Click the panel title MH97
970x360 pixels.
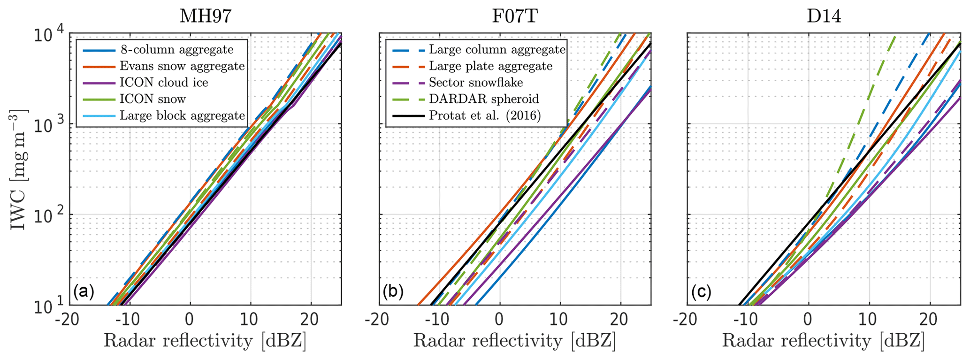[x=205, y=17]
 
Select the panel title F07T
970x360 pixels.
[x=515, y=17]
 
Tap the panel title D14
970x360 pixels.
[x=824, y=17]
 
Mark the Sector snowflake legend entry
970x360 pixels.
[x=476, y=83]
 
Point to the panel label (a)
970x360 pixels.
[x=84, y=292]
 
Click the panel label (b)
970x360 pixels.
[x=393, y=292]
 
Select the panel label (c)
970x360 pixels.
[x=701, y=292]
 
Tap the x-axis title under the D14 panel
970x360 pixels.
[x=823, y=341]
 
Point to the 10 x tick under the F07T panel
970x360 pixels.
[x=560, y=321]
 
